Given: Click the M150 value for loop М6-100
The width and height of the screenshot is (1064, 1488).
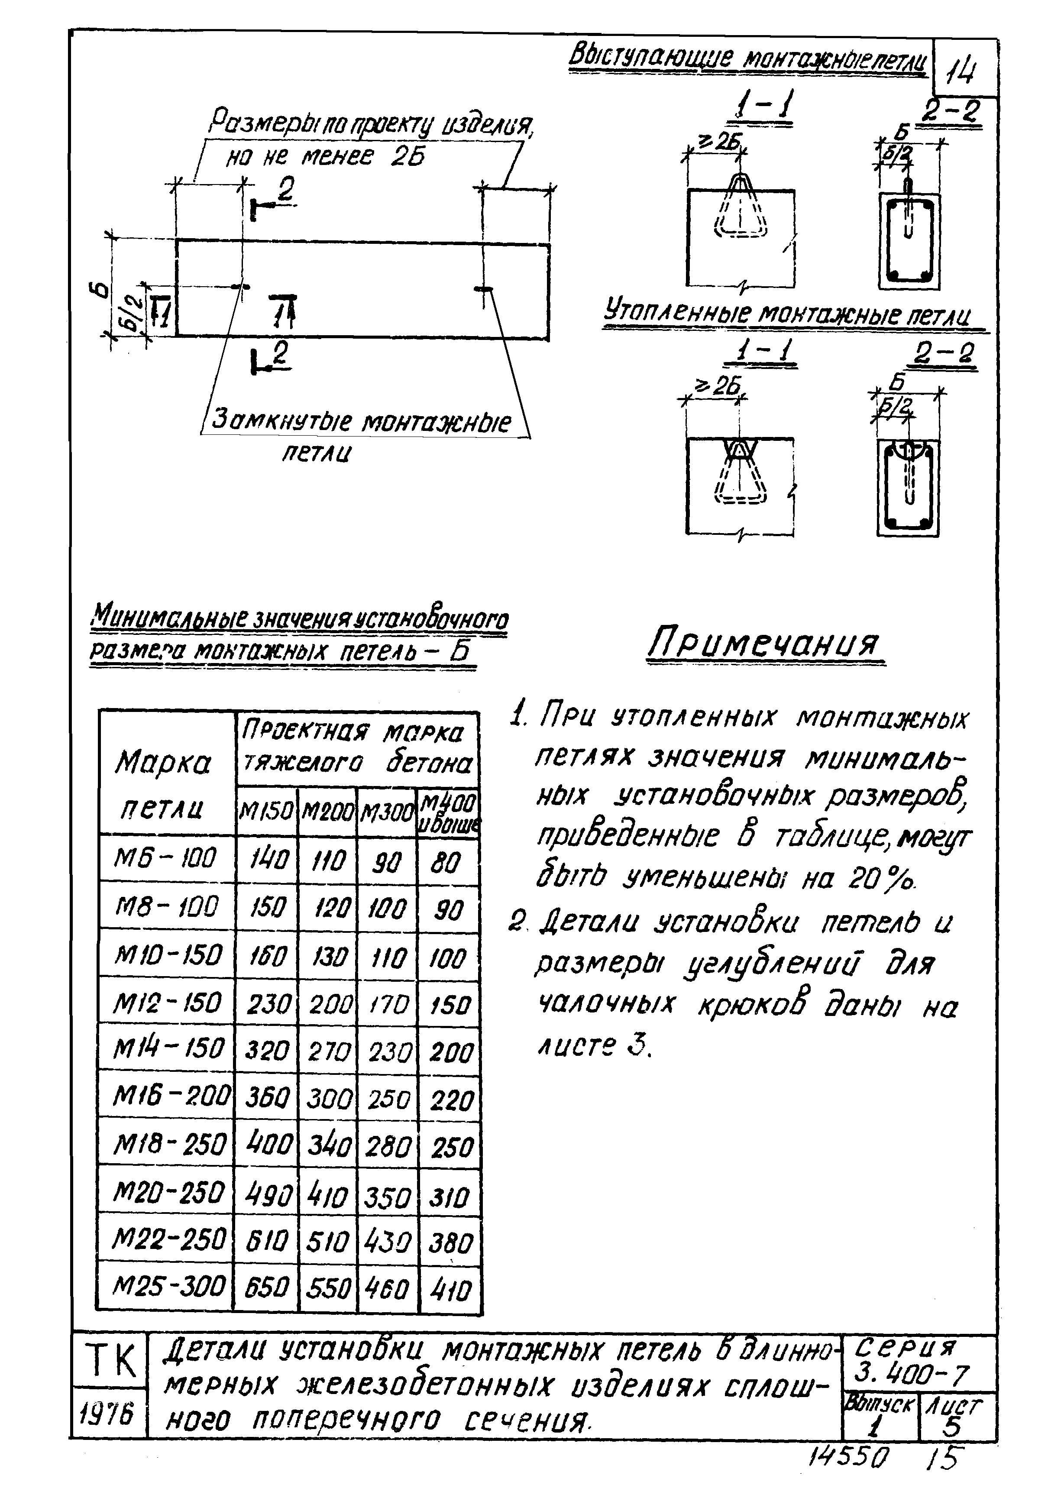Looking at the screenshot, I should [267, 859].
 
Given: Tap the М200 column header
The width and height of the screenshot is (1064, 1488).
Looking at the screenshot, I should [327, 812].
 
